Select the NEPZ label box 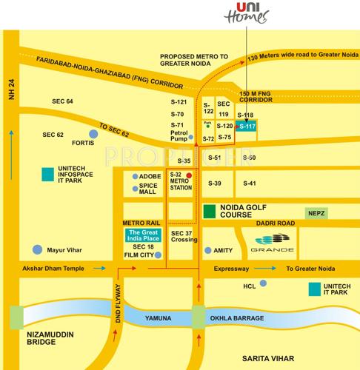tap(316, 212)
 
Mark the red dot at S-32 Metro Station tap(189, 175)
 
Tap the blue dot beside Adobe tap(133, 177)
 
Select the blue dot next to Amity tap(208, 250)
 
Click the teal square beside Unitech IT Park tap(315, 289)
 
